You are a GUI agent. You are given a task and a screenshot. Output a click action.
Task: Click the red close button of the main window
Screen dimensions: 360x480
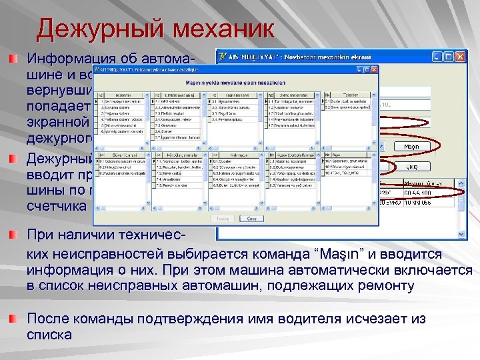pos(459,56)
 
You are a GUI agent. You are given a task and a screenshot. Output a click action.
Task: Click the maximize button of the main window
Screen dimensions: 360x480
pos(448,56)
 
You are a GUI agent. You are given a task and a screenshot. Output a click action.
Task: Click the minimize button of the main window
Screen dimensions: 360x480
pos(437,56)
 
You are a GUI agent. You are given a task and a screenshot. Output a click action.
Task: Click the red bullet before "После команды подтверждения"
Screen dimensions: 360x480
pos(14,319)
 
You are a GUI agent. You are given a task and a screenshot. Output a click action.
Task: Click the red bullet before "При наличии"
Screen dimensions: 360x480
pos(14,235)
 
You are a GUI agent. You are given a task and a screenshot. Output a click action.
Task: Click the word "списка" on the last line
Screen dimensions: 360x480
pos(49,335)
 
